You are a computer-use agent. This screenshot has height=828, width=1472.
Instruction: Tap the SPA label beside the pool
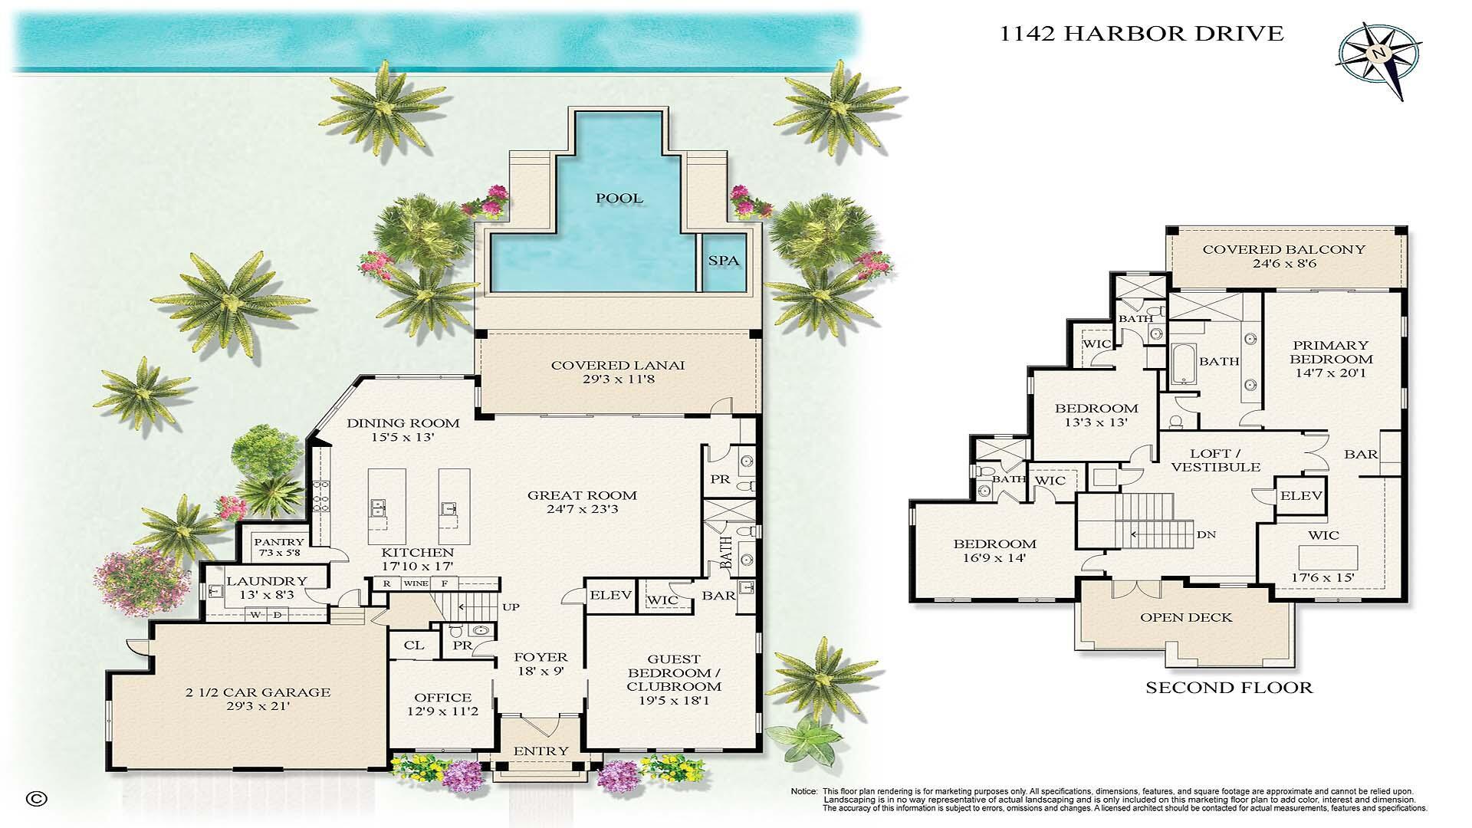click(x=723, y=261)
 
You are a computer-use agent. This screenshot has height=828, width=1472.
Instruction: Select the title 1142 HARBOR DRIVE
click(x=1142, y=34)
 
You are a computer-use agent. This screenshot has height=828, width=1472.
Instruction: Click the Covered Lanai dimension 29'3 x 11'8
click(x=617, y=379)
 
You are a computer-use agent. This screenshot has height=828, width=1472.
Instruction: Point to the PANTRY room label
click(x=278, y=542)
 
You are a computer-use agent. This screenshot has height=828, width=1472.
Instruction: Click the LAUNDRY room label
click(x=266, y=581)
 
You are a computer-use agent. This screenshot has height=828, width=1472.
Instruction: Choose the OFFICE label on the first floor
click(x=442, y=698)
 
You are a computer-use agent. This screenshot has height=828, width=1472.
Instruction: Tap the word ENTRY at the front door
click(x=541, y=751)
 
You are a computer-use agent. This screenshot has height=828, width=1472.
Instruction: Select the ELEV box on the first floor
click(x=611, y=596)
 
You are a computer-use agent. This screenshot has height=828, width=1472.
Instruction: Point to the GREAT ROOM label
click(x=582, y=495)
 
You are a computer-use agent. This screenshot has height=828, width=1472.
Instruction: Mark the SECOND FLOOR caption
click(x=1228, y=688)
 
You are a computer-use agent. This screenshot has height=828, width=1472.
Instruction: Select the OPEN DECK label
click(x=1186, y=617)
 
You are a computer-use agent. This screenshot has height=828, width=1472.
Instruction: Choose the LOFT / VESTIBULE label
click(x=1216, y=460)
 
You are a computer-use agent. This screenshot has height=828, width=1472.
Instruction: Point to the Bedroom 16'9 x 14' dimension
click(x=994, y=558)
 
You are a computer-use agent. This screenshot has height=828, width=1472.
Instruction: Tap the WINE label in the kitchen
click(x=416, y=584)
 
